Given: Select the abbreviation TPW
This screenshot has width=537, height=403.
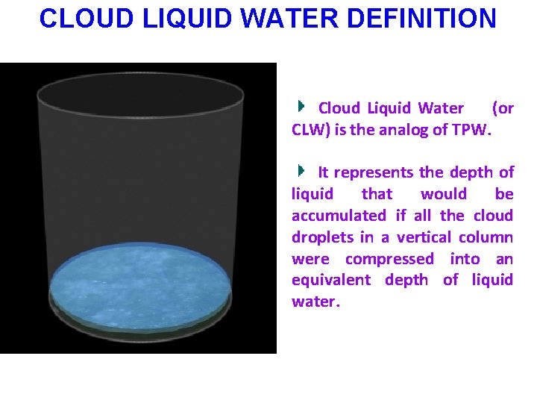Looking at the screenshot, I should click(x=471, y=130).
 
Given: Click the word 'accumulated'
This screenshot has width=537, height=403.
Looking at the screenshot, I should click(x=339, y=216).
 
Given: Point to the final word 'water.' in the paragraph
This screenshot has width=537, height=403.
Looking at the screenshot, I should click(x=315, y=302).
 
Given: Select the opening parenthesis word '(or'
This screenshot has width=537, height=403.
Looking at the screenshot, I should click(x=503, y=108).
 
